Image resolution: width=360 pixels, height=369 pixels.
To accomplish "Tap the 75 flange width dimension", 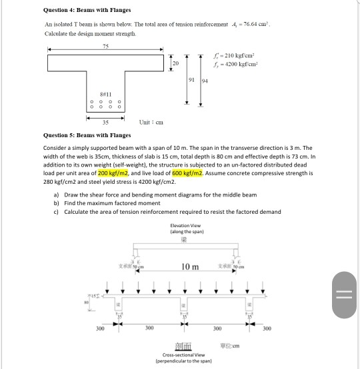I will click(105, 45).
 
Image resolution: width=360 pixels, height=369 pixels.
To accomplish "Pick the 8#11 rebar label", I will click(105, 96).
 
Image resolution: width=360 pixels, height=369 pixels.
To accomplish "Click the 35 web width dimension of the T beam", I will click(105, 122).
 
